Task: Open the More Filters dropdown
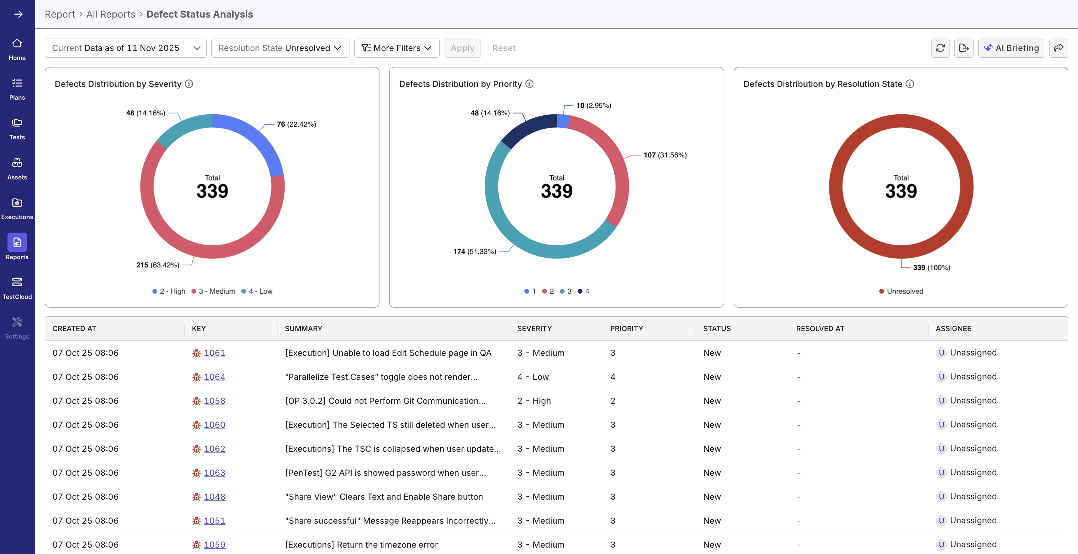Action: click(x=396, y=48)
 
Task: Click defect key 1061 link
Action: click(x=214, y=353)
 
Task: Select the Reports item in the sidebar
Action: click(x=17, y=247)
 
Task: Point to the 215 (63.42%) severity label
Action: click(x=158, y=265)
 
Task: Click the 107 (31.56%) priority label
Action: click(x=665, y=155)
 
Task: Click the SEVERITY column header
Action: click(x=535, y=329)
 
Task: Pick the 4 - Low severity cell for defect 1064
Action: click(x=533, y=376)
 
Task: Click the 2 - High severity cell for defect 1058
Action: click(x=534, y=400)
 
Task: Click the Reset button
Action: click(x=503, y=48)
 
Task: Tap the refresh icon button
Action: click(x=940, y=48)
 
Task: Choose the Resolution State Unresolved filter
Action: click(x=280, y=48)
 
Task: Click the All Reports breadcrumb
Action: click(x=110, y=14)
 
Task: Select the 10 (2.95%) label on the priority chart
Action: click(x=593, y=106)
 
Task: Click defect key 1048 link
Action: click(x=214, y=497)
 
